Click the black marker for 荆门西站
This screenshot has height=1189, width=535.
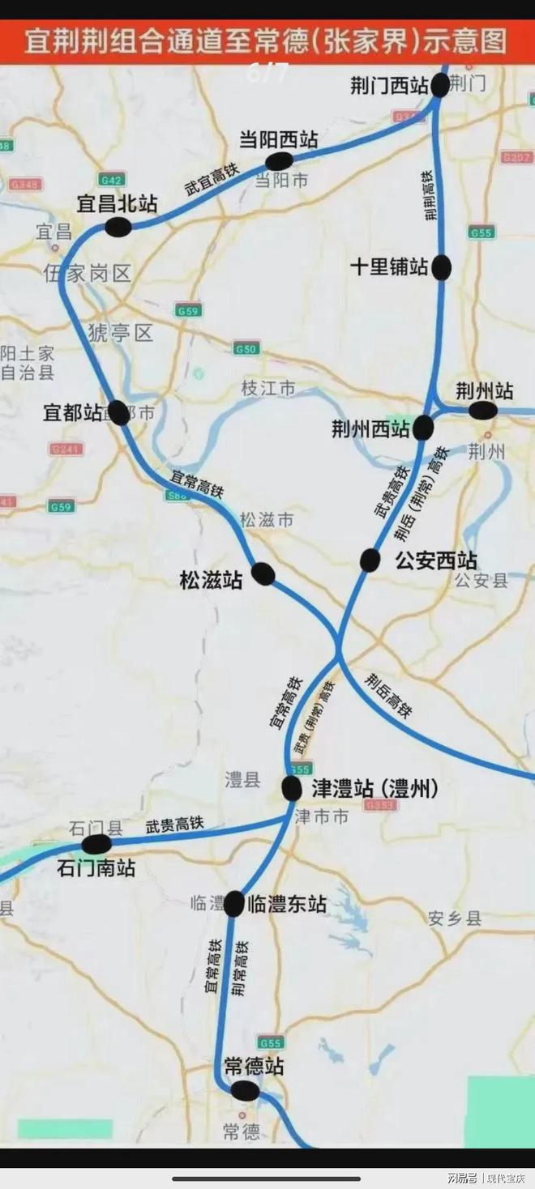pos(439,85)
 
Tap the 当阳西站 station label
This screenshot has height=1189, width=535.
pos(278,139)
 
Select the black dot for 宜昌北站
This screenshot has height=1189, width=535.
pos(118,228)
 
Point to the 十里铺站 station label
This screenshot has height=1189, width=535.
pos(389,266)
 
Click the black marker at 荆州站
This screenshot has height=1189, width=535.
pos(483,411)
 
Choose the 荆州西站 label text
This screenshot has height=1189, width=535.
pos(371,429)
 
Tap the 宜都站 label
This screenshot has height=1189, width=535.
pos(73,413)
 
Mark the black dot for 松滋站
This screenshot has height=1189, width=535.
pos(263,574)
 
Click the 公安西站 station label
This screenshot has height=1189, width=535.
pos(436,560)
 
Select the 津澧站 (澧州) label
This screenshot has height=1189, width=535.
pos(374,788)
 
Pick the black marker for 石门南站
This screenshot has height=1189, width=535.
pos(96,844)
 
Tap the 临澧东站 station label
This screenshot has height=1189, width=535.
pos(286,904)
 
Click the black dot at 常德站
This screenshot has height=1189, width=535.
pos(245,1091)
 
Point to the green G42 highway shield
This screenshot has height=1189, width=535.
pos(112,179)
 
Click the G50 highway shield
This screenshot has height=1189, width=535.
pos(246,349)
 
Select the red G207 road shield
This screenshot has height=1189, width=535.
pos(516,157)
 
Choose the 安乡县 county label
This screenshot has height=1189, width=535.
pos(455,918)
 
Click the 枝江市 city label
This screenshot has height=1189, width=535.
pos(267,389)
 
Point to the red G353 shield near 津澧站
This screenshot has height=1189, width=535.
pos(380,805)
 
